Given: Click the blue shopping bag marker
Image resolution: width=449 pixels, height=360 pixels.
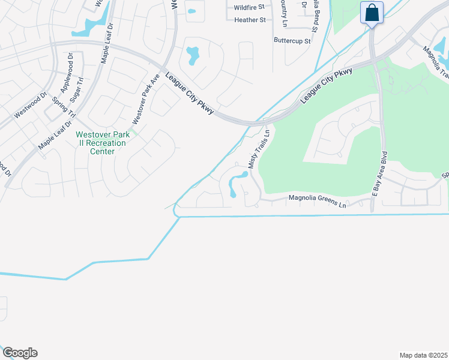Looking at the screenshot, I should coord(372,13).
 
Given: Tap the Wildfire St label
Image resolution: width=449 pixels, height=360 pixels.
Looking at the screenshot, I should coord(249,7).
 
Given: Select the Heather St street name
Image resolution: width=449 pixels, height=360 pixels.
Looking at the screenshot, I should coord(250,20).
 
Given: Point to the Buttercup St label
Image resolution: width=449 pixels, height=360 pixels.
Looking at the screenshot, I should coord(292,41).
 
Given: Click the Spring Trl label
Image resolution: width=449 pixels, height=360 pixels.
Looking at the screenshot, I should coord(65,107).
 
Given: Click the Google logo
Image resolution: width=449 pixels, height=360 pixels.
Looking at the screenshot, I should coord(19,353).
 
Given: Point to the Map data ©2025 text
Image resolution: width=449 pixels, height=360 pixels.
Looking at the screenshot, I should coord(423,355).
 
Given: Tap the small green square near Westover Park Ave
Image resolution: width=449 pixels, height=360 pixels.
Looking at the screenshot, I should coord(133,132).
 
